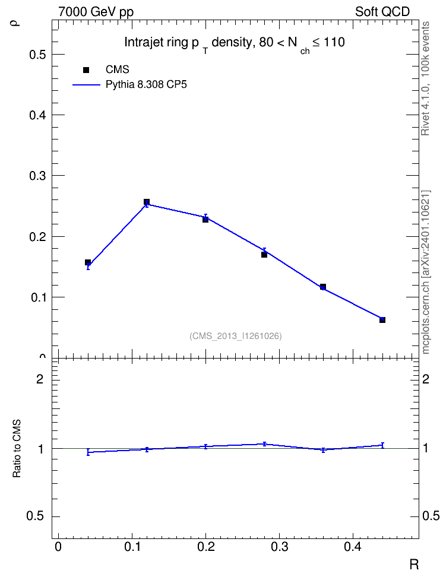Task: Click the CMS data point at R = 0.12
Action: point(147,202)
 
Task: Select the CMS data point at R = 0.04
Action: point(88,262)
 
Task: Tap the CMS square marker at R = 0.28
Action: point(264,255)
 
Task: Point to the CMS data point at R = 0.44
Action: point(382,320)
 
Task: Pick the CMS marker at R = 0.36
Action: point(323,287)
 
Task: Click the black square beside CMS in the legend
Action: point(86,70)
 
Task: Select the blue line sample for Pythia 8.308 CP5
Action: point(86,85)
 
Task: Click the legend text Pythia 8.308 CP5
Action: point(146,85)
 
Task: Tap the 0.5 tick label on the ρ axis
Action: point(37,55)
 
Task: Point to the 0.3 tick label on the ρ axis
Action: point(37,176)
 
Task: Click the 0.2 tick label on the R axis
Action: point(206,547)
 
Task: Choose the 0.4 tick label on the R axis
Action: point(353,547)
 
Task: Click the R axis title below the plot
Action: point(414,565)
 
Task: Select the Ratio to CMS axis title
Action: point(17,449)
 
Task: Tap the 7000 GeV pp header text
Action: point(96,12)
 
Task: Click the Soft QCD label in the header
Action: point(382,11)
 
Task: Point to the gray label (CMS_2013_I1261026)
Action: point(236,336)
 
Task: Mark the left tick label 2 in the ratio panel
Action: point(40,379)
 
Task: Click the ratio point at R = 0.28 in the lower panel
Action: point(264,444)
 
